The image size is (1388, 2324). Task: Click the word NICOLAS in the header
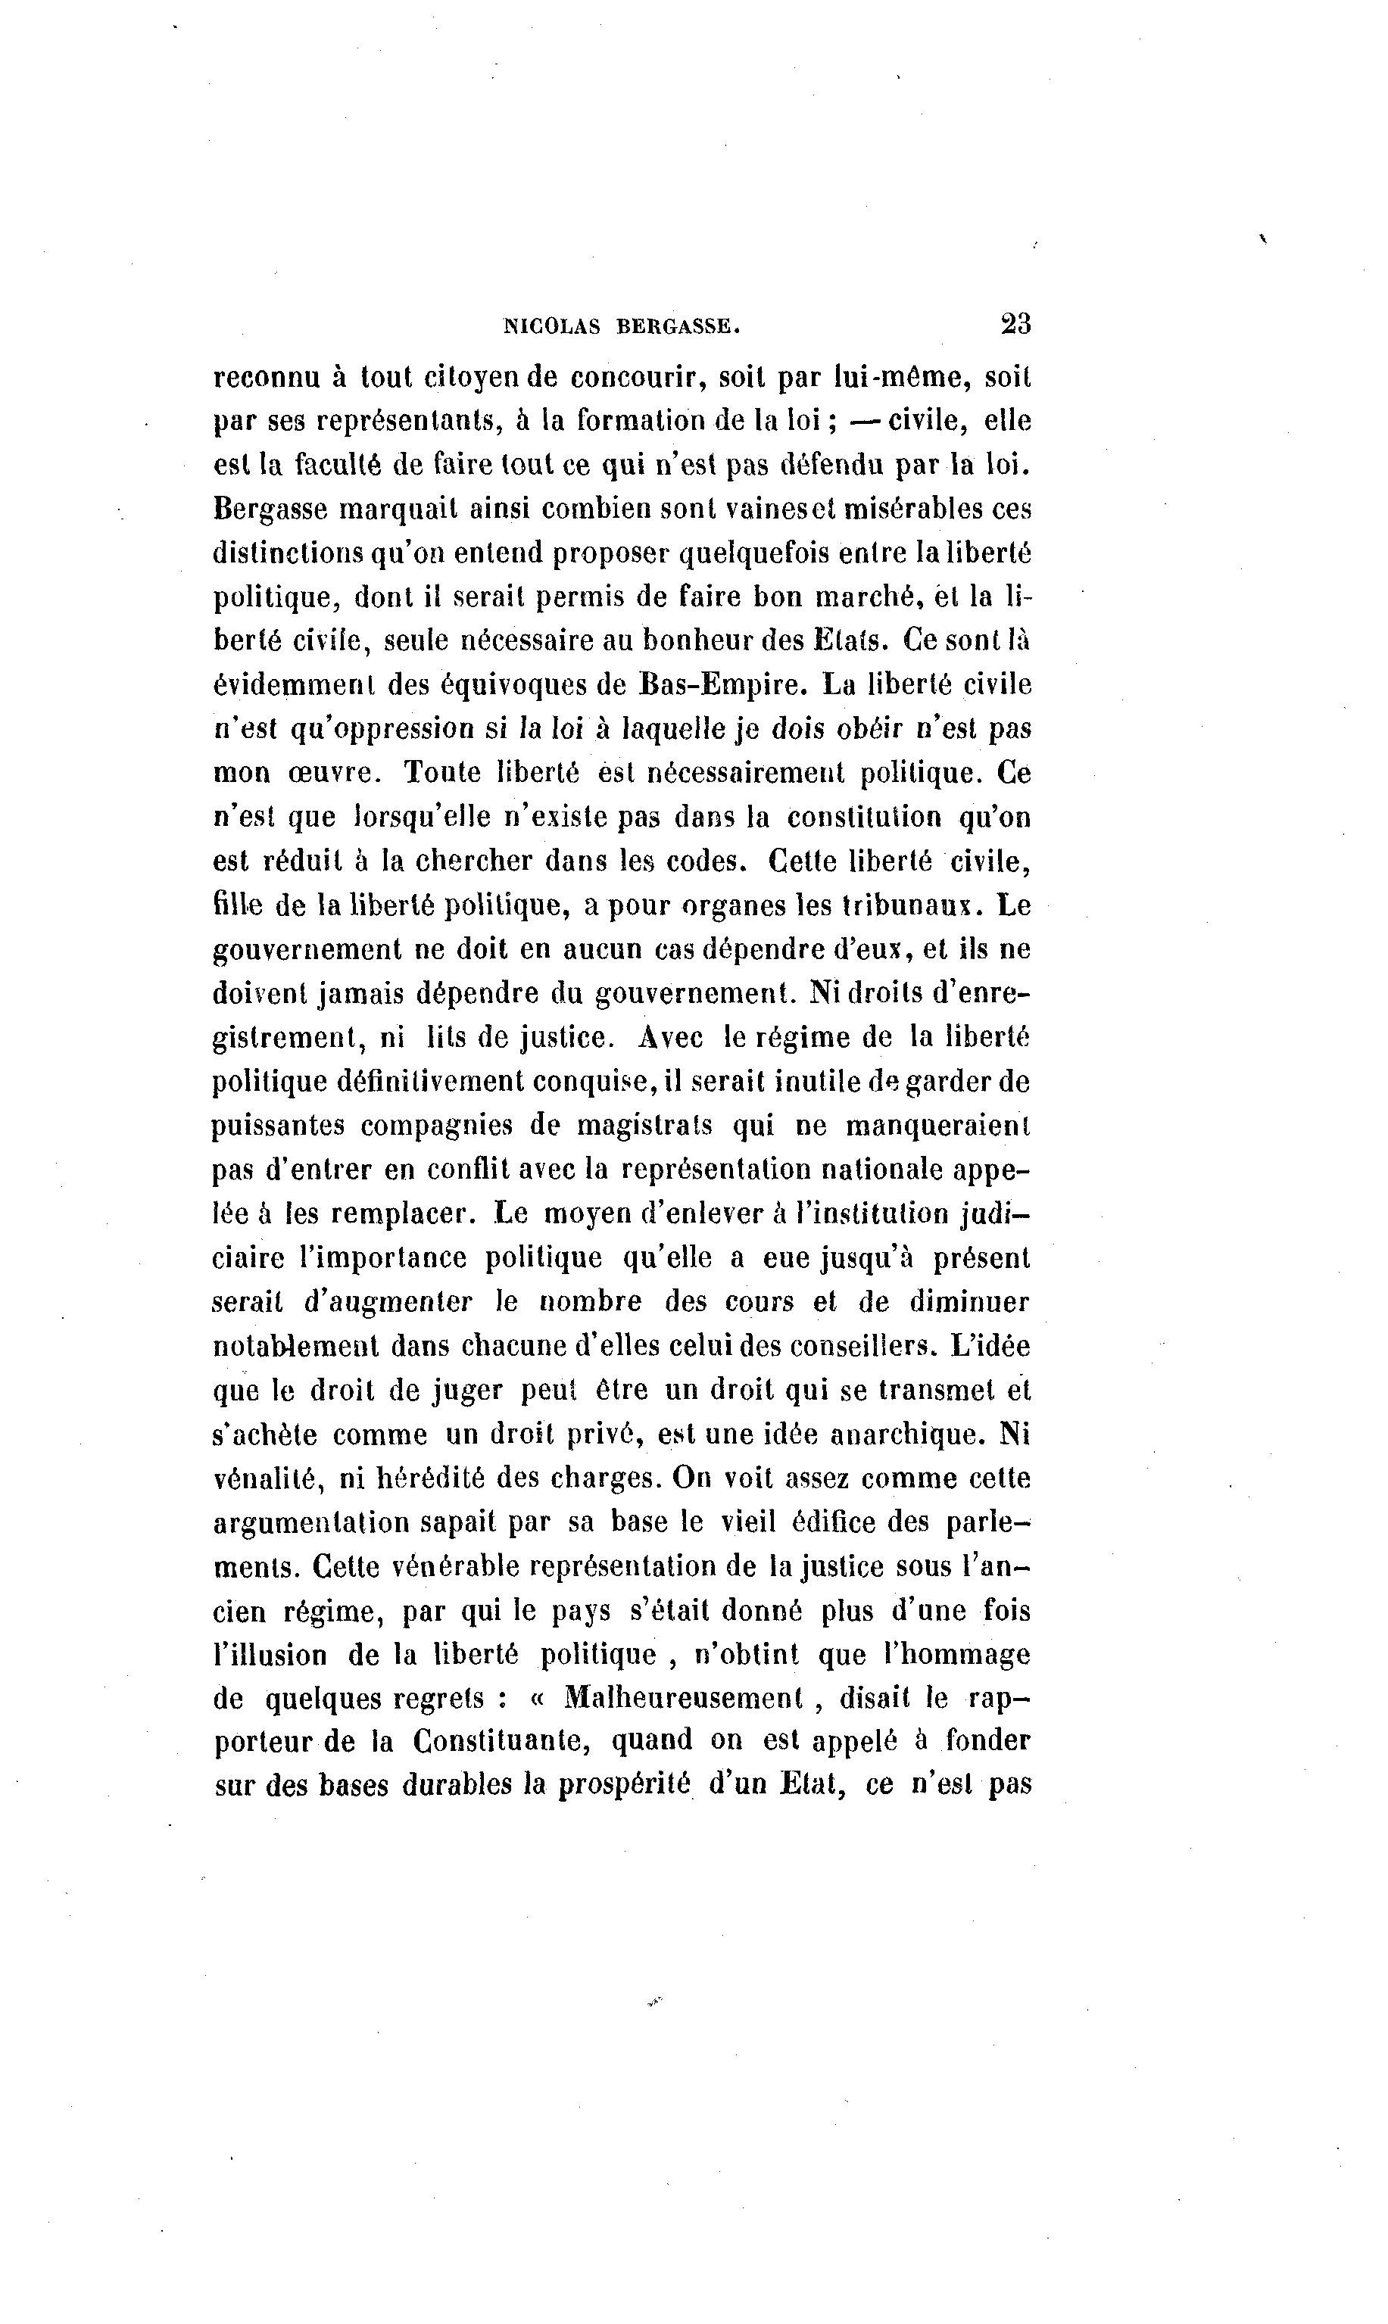(x=550, y=326)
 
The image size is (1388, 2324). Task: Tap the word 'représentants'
(x=407, y=422)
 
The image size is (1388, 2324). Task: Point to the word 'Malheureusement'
(x=684, y=1696)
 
